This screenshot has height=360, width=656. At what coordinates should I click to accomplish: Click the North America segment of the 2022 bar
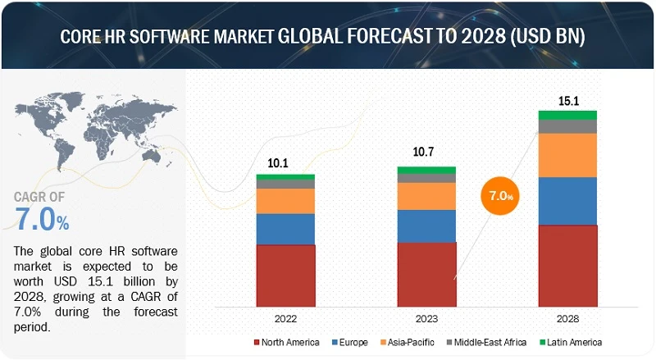(x=285, y=273)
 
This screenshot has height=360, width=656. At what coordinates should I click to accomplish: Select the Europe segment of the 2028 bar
(x=567, y=201)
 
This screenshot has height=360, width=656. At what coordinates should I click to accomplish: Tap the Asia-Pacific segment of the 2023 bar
(x=426, y=196)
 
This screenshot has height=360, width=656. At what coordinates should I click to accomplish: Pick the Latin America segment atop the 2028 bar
(x=567, y=115)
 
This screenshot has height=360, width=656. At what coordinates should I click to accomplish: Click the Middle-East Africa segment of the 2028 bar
(x=567, y=126)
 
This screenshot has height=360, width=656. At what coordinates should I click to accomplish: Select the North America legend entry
(x=288, y=342)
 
